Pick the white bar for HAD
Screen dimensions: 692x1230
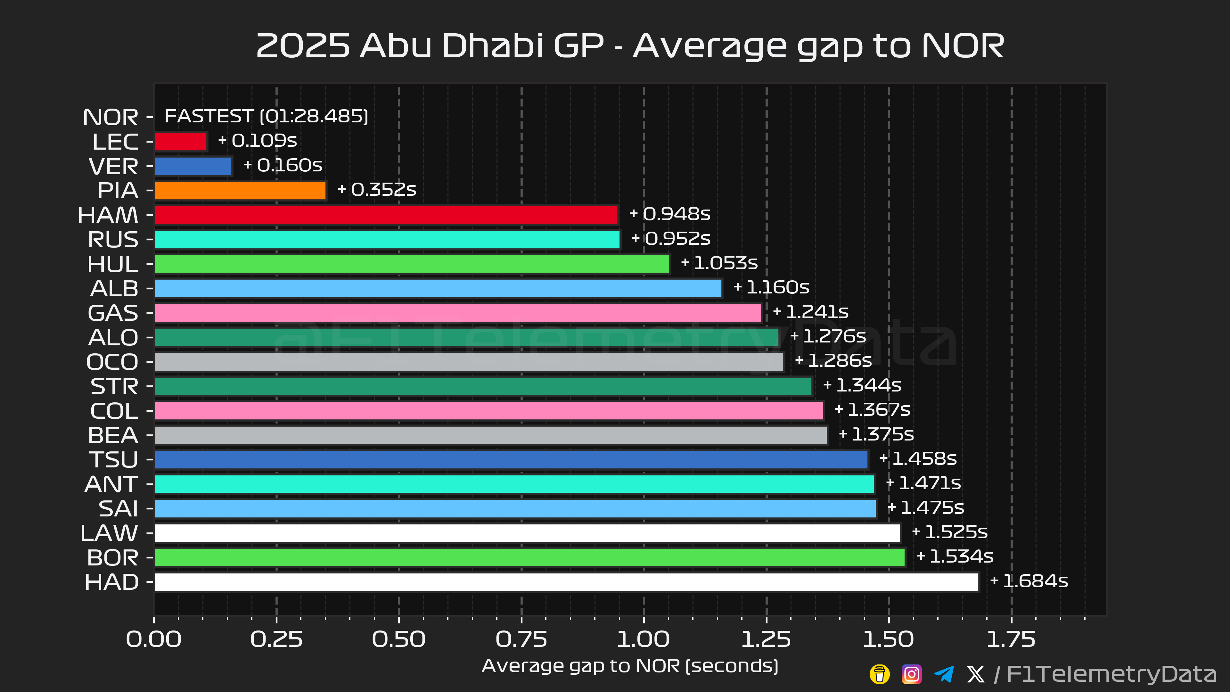coord(566,582)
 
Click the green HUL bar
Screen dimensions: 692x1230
coord(412,264)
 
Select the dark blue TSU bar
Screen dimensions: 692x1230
coord(511,459)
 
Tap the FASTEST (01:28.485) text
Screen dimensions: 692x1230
coord(266,116)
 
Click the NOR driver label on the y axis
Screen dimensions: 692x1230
coord(110,117)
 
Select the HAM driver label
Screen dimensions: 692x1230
coord(108,215)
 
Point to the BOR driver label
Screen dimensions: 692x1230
coord(113,557)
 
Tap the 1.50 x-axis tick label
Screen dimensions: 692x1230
coord(888,639)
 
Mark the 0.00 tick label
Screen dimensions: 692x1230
coord(154,639)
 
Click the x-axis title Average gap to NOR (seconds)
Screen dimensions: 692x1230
coord(630,666)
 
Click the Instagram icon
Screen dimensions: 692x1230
coord(911,674)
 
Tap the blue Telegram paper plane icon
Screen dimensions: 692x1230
coord(944,674)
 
